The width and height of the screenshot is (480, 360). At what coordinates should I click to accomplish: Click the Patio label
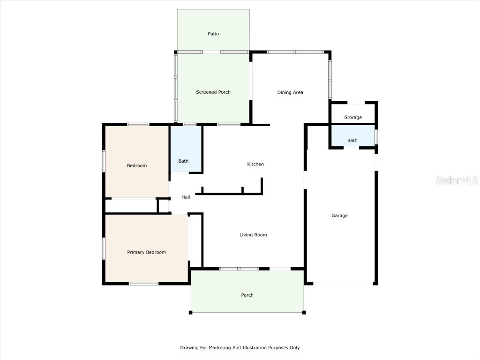coord(213,34)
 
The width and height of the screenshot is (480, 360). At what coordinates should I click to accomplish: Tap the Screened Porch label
coord(213,92)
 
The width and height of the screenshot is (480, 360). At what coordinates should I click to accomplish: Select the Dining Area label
coord(290,92)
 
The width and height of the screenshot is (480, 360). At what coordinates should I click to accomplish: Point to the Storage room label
coord(353,117)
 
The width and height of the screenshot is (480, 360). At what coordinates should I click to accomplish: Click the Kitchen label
coord(255,164)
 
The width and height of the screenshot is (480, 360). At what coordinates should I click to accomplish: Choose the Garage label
coord(339,216)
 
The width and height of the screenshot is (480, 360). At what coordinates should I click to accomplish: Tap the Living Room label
coord(253,235)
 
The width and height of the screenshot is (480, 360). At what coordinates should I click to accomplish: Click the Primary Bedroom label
coord(146,252)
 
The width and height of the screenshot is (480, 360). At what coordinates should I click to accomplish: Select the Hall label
coord(186,197)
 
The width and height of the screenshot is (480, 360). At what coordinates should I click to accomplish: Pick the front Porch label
coord(247,295)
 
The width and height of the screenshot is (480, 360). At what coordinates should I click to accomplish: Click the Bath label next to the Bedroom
coord(183,161)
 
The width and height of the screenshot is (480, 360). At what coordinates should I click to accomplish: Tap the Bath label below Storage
coord(352,140)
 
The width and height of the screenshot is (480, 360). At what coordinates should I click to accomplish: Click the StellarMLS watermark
coord(457,180)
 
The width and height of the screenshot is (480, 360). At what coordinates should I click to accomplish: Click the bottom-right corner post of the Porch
coord(304,312)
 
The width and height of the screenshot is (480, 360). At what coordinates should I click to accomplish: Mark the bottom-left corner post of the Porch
coord(191,312)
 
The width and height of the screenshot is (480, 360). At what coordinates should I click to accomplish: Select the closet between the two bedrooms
coord(130,205)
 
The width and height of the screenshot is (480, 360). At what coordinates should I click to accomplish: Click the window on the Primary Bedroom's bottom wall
coord(143,283)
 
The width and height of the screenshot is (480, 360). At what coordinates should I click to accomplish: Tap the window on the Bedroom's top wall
coord(138,124)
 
